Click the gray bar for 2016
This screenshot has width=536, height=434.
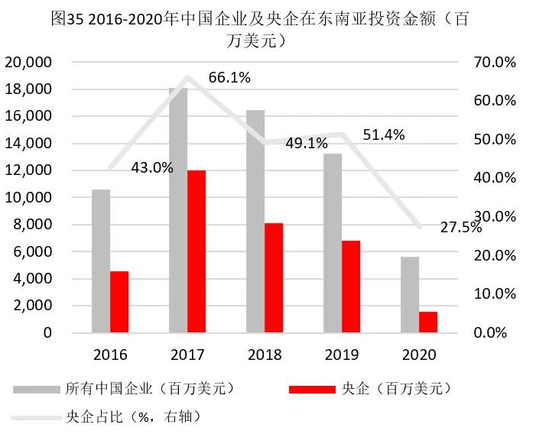pos(101,261)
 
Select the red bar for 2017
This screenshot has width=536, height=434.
pos(197,251)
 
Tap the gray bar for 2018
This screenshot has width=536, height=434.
pos(255,222)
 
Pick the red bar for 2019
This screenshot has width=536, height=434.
pos(351,287)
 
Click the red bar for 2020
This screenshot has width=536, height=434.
pos(428,322)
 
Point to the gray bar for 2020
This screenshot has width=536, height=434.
pos(410,294)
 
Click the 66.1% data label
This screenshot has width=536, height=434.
pos(229,76)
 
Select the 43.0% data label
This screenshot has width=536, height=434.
pos(152,167)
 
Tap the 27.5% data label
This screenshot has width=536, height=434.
pos(461,227)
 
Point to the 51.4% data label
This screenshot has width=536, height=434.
pos(384,134)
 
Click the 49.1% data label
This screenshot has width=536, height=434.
pos(306,143)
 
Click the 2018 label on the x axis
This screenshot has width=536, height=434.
pos(265,355)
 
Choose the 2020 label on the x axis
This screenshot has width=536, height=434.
pos(419,355)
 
